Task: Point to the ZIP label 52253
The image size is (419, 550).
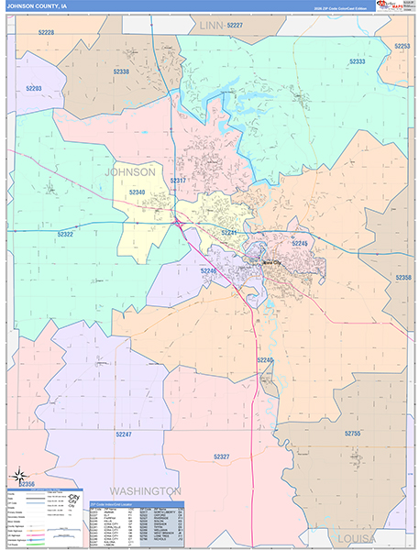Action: (401, 46)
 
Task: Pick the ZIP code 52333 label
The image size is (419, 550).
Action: (358, 61)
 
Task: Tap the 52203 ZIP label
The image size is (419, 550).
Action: (34, 89)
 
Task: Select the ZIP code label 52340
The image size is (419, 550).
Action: (137, 192)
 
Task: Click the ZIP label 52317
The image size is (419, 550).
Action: (178, 181)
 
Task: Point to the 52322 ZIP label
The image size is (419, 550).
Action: (65, 235)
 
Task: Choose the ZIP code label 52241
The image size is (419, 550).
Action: (228, 234)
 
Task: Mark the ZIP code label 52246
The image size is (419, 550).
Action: (209, 271)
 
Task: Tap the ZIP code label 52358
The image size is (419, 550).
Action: (403, 277)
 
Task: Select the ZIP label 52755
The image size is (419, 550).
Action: (353, 433)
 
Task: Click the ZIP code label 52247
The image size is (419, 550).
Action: (124, 434)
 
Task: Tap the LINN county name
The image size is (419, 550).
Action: (212, 27)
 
